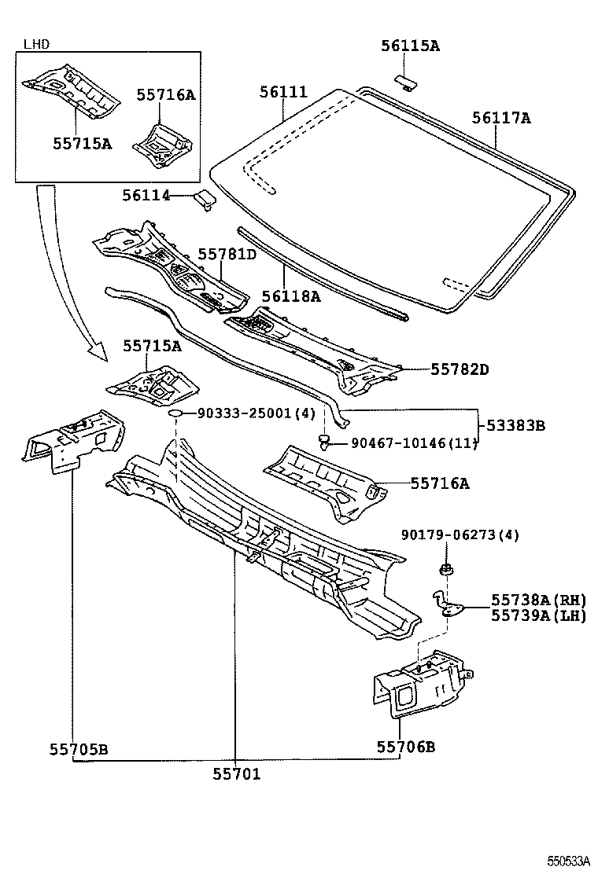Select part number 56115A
pyautogui.click(x=410, y=46)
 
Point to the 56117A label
pyautogui.click(x=501, y=119)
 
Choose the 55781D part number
pyautogui.click(x=227, y=254)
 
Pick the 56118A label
pyautogui.click(x=291, y=296)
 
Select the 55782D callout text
pyautogui.click(x=459, y=369)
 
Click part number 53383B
pyautogui.click(x=515, y=425)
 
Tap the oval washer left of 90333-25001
pyautogui.click(x=178, y=413)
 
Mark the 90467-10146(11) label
pyautogui.click(x=413, y=443)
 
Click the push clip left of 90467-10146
pyautogui.click(x=323, y=443)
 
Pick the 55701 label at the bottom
pyautogui.click(x=236, y=774)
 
